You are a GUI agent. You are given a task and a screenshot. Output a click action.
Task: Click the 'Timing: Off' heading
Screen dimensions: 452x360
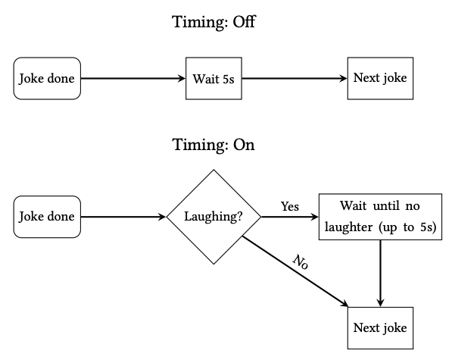(214, 22)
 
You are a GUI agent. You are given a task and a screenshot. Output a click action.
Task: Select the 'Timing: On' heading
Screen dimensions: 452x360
(214, 145)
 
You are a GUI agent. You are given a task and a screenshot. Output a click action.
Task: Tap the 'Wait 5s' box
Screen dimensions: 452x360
(214, 79)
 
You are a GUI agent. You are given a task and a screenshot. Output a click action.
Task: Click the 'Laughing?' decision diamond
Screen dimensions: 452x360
(214, 217)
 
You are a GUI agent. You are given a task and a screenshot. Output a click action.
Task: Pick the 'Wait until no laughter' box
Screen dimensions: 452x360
(380, 217)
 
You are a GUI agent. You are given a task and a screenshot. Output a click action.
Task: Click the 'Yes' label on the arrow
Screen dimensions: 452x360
(290, 207)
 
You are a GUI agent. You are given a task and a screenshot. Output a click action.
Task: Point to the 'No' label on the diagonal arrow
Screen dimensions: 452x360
(301, 262)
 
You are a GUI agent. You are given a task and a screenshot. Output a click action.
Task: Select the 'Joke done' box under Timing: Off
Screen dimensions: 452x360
(47, 79)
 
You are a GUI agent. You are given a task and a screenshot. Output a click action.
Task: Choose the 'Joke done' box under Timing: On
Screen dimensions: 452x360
(47, 217)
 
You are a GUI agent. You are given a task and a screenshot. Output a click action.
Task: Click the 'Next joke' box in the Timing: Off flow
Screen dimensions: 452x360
(380, 79)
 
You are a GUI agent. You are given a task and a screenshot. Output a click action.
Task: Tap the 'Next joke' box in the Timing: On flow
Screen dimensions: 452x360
(380, 328)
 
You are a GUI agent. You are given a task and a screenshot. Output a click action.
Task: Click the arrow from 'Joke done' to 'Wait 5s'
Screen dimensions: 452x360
(133, 78)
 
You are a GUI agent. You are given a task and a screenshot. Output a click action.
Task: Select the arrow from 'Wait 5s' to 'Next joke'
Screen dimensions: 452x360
(295, 78)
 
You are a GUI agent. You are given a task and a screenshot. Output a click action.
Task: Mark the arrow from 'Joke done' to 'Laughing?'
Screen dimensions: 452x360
(123, 217)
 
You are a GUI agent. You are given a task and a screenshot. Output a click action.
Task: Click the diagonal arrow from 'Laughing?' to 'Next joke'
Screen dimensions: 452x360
(295, 271)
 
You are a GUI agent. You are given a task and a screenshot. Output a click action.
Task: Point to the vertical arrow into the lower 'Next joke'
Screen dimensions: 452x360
(380, 274)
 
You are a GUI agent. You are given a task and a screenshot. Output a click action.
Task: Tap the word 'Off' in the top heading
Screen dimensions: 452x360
(244, 22)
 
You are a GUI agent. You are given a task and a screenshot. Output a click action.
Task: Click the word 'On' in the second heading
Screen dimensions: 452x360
(244, 145)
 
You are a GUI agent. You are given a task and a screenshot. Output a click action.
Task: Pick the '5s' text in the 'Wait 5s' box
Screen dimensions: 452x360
(229, 79)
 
